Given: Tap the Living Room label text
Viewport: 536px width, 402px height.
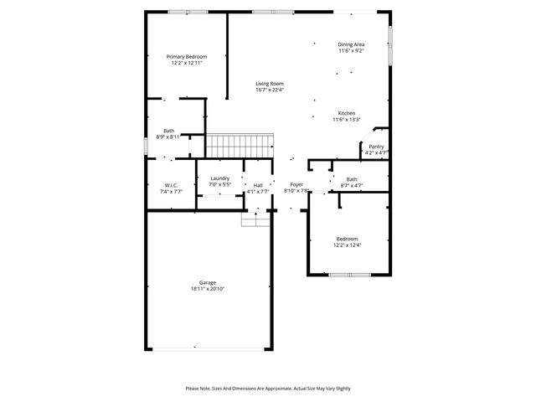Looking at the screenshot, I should pos(270,83).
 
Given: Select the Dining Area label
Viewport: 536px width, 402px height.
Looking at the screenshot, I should pos(351,44).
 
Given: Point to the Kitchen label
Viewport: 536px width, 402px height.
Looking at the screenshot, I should pos(347,113).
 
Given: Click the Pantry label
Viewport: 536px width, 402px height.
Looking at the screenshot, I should pos(376,147).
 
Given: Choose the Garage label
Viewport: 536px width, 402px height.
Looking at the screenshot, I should pos(207,282).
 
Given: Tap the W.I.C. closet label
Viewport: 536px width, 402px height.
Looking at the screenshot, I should pos(171,185).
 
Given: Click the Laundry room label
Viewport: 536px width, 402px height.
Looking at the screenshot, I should pos(219,178).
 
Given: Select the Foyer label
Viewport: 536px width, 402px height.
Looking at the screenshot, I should pos(296,184).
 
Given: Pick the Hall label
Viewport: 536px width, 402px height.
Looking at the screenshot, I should pos(258,185).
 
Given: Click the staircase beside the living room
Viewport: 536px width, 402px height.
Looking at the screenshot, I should pos(240,146).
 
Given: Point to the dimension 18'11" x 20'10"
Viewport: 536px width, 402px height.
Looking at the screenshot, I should pos(207,289).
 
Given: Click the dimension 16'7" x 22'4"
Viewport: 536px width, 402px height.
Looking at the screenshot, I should pos(270,90).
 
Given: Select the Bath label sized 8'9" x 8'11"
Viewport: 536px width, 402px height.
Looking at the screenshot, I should pos(169,131).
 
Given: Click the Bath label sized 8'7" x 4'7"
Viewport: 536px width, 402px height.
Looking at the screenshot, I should pos(352,178).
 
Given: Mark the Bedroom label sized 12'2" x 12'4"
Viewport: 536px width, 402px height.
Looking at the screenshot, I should pos(347,239).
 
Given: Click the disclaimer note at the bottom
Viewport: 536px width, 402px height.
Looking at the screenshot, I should pos(268,389).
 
